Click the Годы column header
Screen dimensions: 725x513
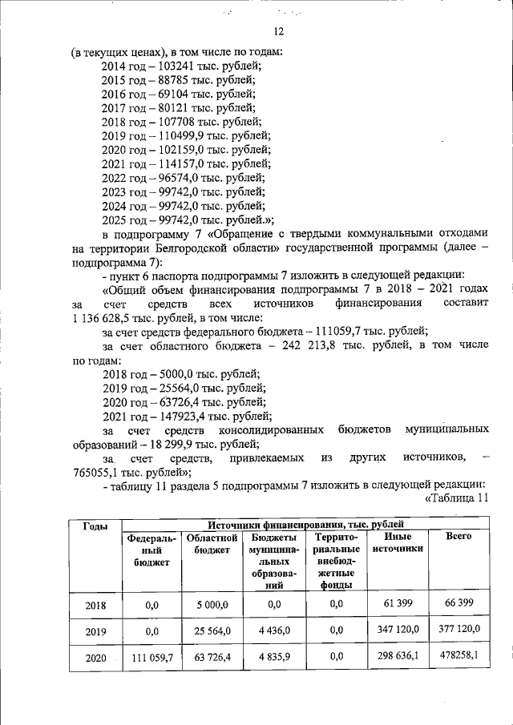click(95, 526)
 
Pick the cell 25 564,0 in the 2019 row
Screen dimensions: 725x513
click(209, 631)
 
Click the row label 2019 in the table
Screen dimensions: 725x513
click(95, 631)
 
